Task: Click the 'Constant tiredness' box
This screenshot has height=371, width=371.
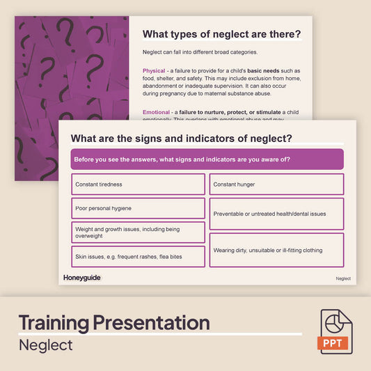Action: click(x=138, y=184)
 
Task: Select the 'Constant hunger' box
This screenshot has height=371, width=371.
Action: click(x=276, y=184)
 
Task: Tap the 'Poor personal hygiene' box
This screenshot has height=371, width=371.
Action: click(x=138, y=207)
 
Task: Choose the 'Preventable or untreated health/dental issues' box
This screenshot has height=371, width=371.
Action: click(x=276, y=214)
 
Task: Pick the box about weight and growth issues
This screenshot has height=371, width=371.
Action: click(x=138, y=232)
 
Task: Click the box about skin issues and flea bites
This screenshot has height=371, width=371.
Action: click(x=138, y=256)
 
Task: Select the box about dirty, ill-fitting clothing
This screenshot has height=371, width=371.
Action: click(x=276, y=250)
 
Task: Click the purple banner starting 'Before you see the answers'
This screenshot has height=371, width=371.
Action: click(x=207, y=159)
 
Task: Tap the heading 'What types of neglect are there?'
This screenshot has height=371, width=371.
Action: click(x=221, y=34)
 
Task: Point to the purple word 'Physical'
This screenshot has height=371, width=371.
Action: click(x=155, y=71)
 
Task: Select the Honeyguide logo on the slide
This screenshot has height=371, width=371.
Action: click(x=82, y=278)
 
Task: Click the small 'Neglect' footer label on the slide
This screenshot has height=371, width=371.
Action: click(x=342, y=278)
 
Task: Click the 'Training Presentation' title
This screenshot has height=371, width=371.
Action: click(x=113, y=323)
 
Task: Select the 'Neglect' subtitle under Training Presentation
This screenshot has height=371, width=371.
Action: click(x=45, y=345)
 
